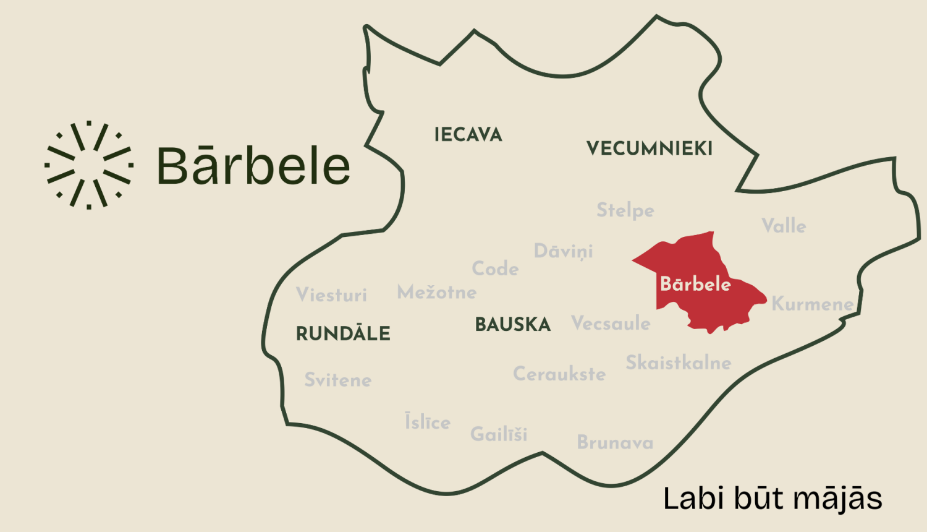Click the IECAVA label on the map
[468, 135]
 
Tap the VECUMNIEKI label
[649, 148]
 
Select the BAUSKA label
[512, 325]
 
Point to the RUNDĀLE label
[343, 334]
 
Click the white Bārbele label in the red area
[695, 284]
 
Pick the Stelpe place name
[625, 210]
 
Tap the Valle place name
[784, 226]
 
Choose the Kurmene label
[812, 304]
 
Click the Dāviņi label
[563, 251]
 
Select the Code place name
[495, 268]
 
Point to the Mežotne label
[436, 292]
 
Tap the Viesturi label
[331, 294]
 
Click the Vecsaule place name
[611, 323]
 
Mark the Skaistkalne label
[678, 363]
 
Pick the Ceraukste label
[559, 374]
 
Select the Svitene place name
[337, 380]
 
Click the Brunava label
[615, 442]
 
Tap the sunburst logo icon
[89, 165]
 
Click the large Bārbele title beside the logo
[253, 166]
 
